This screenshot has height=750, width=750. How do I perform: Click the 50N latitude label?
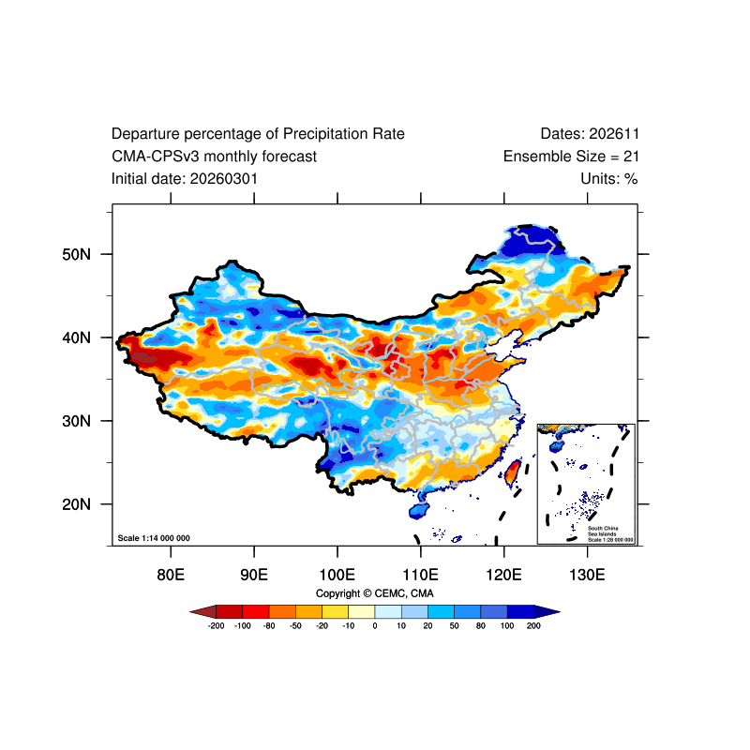click(x=76, y=254)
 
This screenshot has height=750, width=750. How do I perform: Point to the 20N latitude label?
click(x=76, y=504)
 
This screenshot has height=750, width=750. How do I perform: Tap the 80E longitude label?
click(x=171, y=574)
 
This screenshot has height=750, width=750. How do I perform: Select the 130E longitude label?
click(x=587, y=574)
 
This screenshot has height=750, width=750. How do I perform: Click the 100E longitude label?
click(x=337, y=574)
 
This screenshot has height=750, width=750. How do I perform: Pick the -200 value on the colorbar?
click(x=217, y=625)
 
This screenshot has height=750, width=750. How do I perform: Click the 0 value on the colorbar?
click(x=375, y=625)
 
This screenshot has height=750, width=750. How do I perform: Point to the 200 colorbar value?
click(x=533, y=625)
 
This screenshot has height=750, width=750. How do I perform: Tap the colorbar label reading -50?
click(x=295, y=625)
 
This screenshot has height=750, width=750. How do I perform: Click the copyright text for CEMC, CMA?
click(x=374, y=593)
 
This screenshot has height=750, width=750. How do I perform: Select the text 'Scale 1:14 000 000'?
click(x=154, y=538)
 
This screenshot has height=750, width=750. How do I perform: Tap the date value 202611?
click(x=614, y=134)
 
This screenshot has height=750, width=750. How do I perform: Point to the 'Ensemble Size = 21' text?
click(x=571, y=157)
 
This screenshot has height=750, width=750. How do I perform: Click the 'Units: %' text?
click(x=608, y=179)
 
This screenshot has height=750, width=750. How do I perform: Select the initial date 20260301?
click(x=224, y=179)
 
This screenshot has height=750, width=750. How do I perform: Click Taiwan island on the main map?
click(x=512, y=473)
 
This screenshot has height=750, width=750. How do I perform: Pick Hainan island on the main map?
click(x=419, y=510)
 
